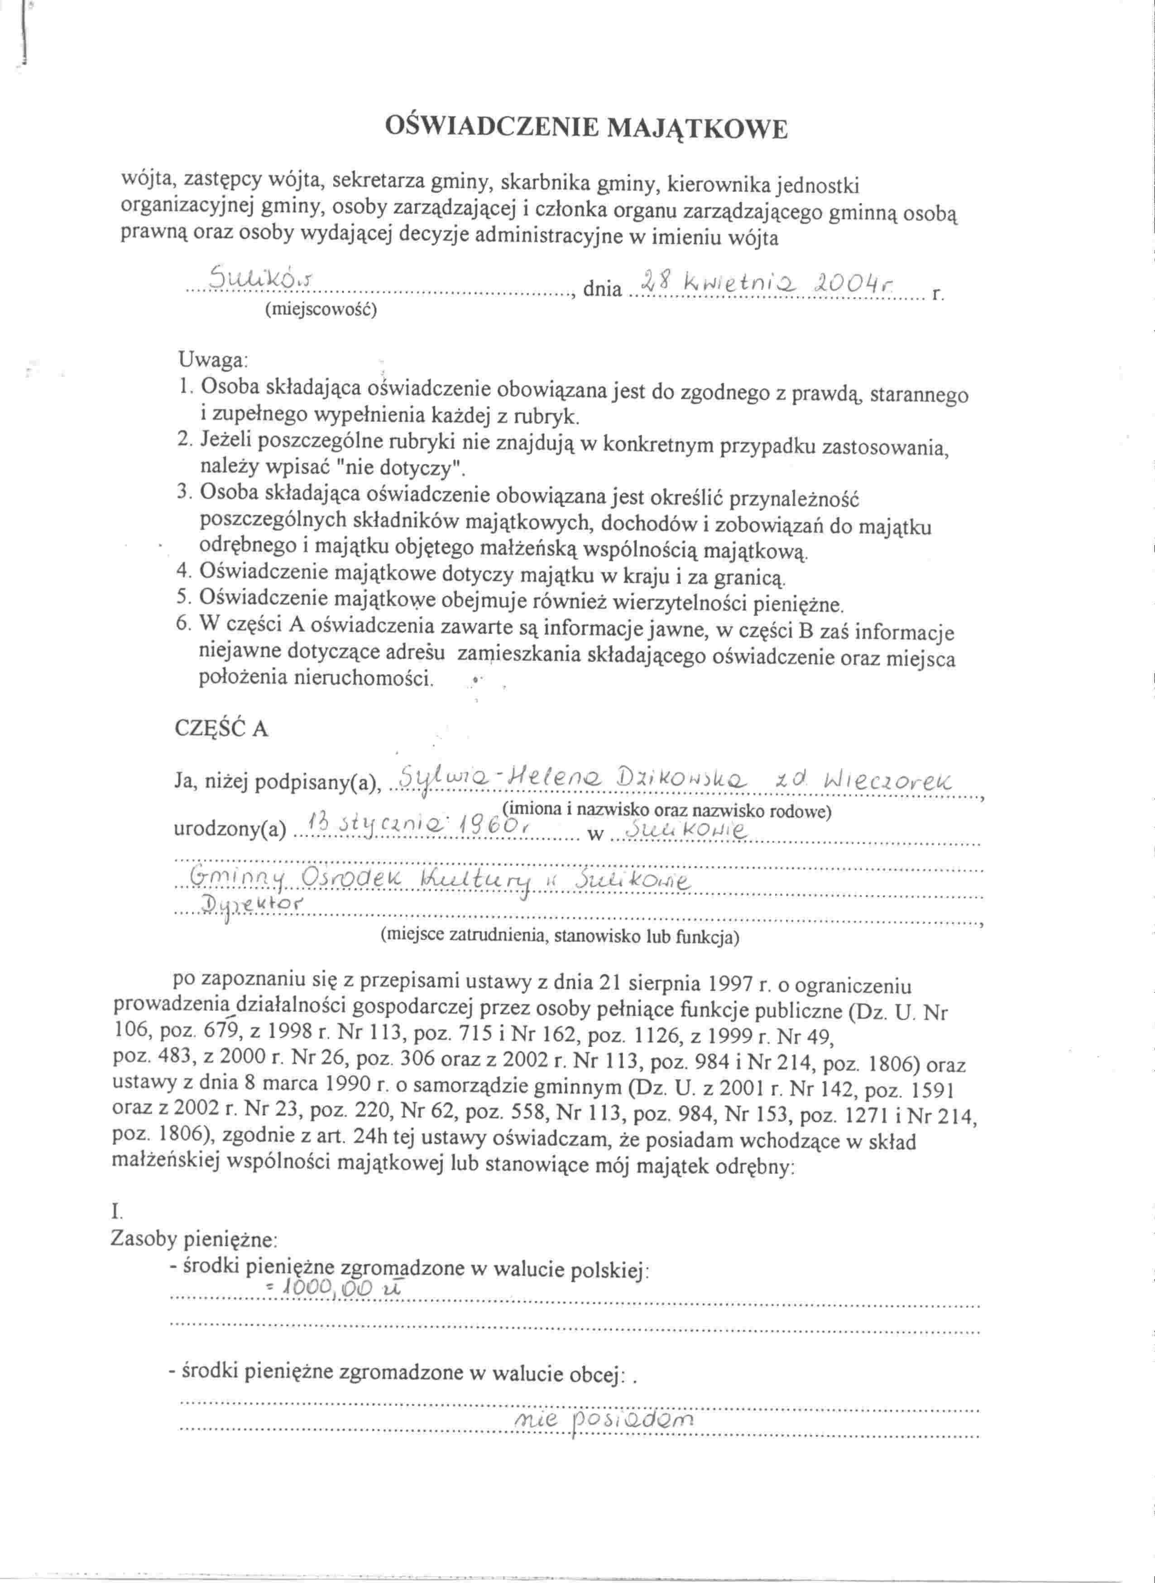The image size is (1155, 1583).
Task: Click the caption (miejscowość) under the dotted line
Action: coord(321,309)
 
